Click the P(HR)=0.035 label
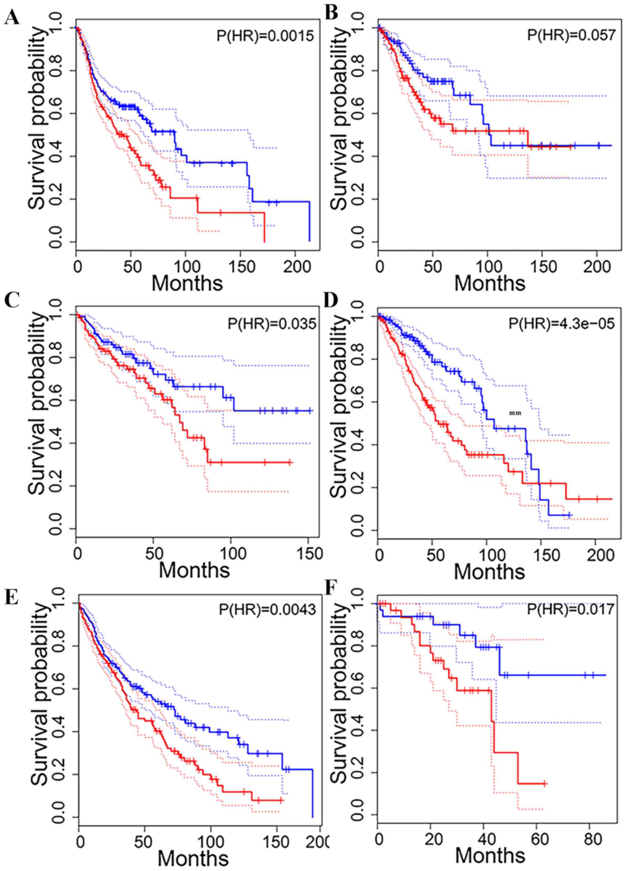pyautogui.click(x=272, y=323)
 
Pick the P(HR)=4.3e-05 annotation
pyautogui.click(x=561, y=323)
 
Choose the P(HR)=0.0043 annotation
pyautogui.click(x=268, y=609)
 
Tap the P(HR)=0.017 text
pyautogui.click(x=571, y=609)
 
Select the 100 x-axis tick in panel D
pyautogui.click(x=487, y=554)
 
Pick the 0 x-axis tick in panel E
pyautogui.click(x=80, y=841)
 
